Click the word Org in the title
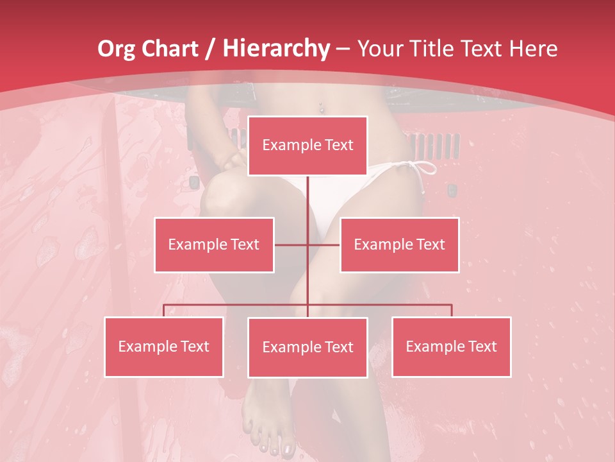pyautogui.click(x=116, y=49)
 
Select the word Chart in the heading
pyautogui.click(x=168, y=49)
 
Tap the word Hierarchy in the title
pyautogui.click(x=275, y=49)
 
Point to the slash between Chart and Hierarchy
pyautogui.click(x=209, y=49)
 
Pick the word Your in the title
pyautogui.click(x=378, y=49)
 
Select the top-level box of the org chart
pyautogui.click(x=307, y=146)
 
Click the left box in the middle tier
pyautogui.click(x=214, y=244)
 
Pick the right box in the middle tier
pyautogui.click(x=399, y=244)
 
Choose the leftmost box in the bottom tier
pyautogui.click(x=164, y=346)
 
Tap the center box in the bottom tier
pyautogui.click(x=307, y=347)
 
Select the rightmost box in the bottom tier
pyautogui.click(x=451, y=346)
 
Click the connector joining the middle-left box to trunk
pyautogui.click(x=291, y=245)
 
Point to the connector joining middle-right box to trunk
pyautogui.click(x=324, y=245)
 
